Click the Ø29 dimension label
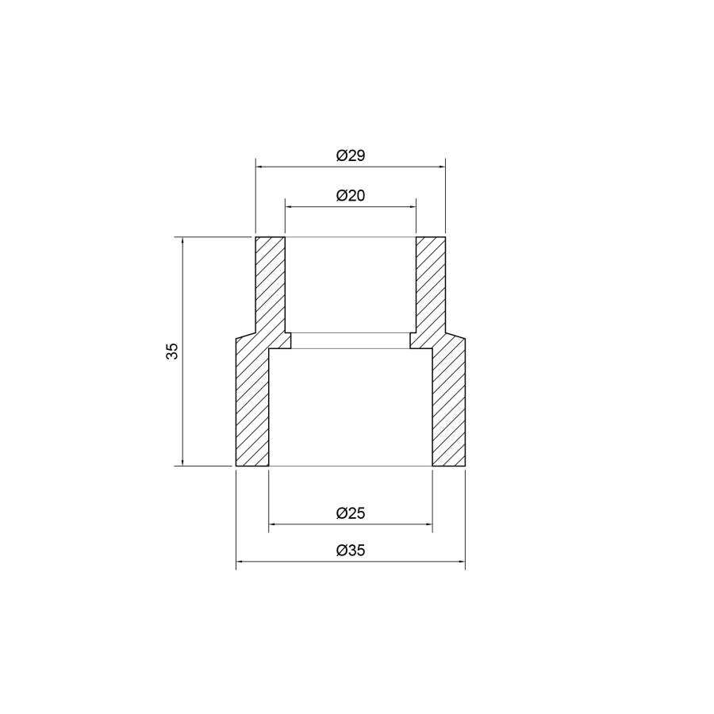click(x=351, y=155)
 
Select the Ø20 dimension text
click(x=351, y=196)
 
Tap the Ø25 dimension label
click(x=351, y=513)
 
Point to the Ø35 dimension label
click(x=351, y=551)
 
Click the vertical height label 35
click(x=173, y=351)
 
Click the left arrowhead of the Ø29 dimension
click(x=259, y=167)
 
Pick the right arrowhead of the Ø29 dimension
click(x=441, y=167)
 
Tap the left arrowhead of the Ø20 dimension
click(x=289, y=207)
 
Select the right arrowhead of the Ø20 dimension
click(x=412, y=207)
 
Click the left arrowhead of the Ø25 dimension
click(x=272, y=524)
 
